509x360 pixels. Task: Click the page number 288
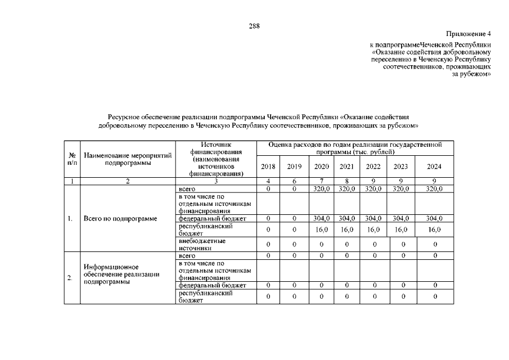pos(254,26)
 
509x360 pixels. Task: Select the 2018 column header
pos(269,166)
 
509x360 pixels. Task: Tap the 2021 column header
pos(346,166)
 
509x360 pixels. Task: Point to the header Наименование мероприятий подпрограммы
pos(128,159)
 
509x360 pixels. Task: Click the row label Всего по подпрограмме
pos(120,218)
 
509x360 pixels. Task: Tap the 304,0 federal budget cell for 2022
pos(373,218)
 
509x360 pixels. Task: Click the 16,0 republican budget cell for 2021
pos(346,229)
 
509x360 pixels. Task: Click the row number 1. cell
pos(71,218)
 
